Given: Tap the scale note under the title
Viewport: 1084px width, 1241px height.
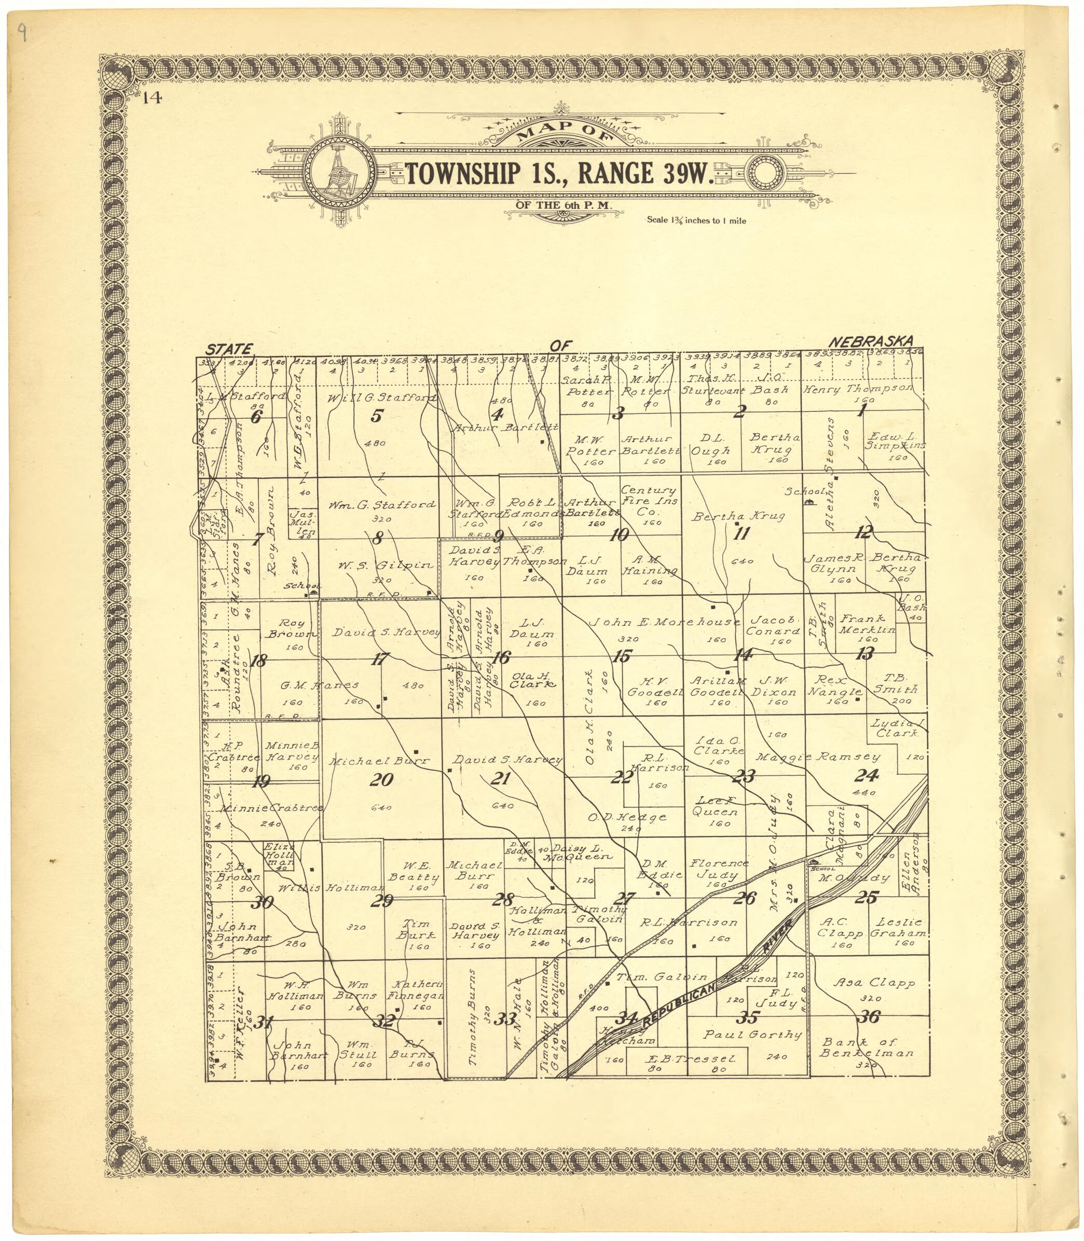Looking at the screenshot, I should coord(696,220).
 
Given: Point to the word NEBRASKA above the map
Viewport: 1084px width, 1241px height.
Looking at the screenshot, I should coord(872,341).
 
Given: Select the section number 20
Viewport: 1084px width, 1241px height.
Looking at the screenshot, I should coord(382,780).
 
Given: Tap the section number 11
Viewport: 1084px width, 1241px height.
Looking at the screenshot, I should coord(742,533).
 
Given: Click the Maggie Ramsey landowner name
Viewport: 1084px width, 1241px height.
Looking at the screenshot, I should coord(817,756).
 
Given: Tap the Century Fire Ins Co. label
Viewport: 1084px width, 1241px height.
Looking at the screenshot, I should coord(649,501).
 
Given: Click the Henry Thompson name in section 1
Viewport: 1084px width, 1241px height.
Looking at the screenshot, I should coord(858,389).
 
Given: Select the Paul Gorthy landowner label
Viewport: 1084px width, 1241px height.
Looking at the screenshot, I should coord(752,1035).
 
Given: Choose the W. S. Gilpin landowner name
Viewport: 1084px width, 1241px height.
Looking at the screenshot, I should coord(386,566).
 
